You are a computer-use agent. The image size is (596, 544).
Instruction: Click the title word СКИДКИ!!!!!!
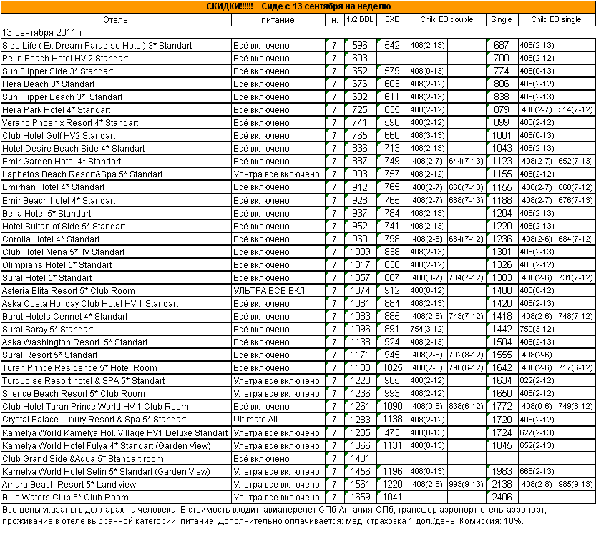point(230,6)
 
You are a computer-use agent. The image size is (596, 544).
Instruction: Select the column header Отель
point(115,20)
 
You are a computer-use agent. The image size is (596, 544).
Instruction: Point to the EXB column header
point(392,20)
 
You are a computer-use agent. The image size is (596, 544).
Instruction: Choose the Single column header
point(502,20)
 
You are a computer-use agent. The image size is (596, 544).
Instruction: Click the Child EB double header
point(447,20)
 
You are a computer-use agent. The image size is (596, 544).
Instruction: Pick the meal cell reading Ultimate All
point(255,420)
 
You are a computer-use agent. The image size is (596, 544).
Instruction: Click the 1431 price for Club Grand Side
point(360,458)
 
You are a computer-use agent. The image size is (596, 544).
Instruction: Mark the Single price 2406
point(502,497)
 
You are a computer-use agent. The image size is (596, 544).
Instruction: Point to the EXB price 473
point(392,432)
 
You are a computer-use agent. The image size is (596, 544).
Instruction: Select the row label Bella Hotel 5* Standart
point(47,214)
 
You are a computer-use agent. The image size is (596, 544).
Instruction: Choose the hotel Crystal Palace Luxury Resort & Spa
point(94,420)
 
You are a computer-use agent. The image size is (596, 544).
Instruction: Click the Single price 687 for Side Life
point(502,46)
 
